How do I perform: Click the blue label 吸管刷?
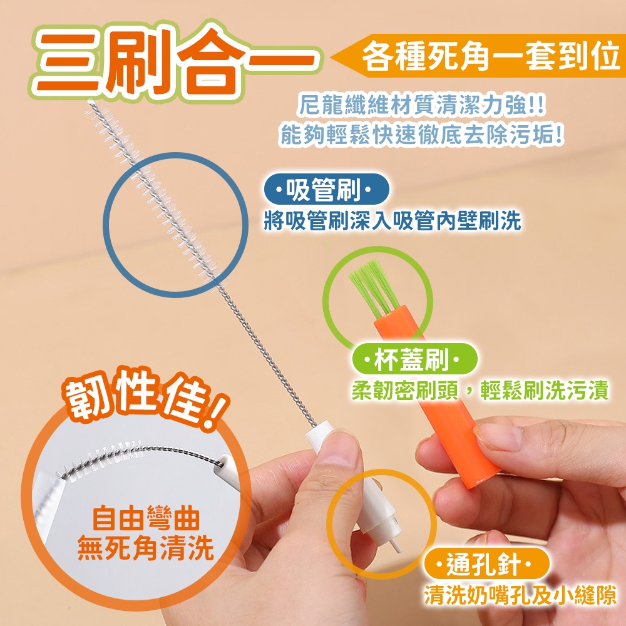326,189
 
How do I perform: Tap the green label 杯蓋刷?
414,359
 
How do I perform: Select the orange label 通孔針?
486,564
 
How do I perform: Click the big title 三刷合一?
176,61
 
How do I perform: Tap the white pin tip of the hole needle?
396,545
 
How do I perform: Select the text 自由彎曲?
146,518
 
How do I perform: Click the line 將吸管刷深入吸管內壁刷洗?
393,221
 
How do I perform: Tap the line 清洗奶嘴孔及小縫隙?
520,595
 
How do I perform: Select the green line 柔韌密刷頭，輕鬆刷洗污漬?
480,390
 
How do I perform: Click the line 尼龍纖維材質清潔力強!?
421,105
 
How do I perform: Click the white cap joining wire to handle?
319,440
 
